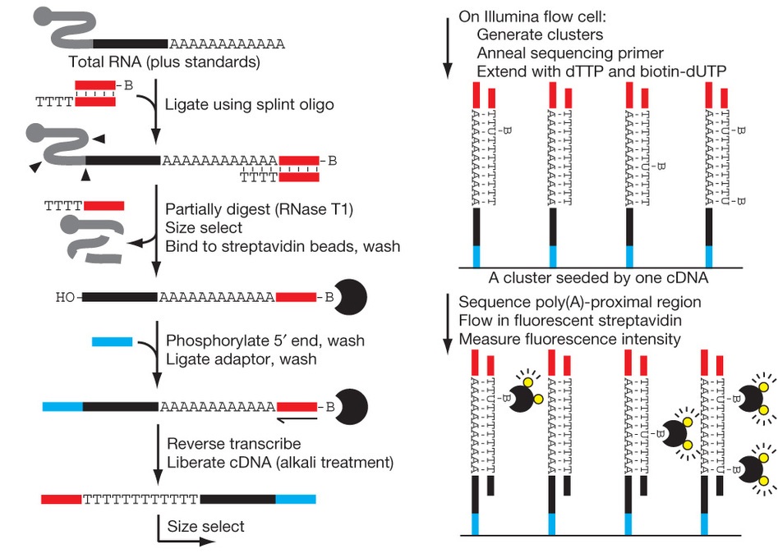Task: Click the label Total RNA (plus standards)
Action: tap(165, 62)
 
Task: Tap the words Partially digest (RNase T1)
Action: tap(259, 210)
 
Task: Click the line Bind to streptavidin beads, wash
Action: tap(283, 246)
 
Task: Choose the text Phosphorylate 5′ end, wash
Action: tap(265, 340)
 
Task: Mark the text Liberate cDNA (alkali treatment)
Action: tap(279, 463)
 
